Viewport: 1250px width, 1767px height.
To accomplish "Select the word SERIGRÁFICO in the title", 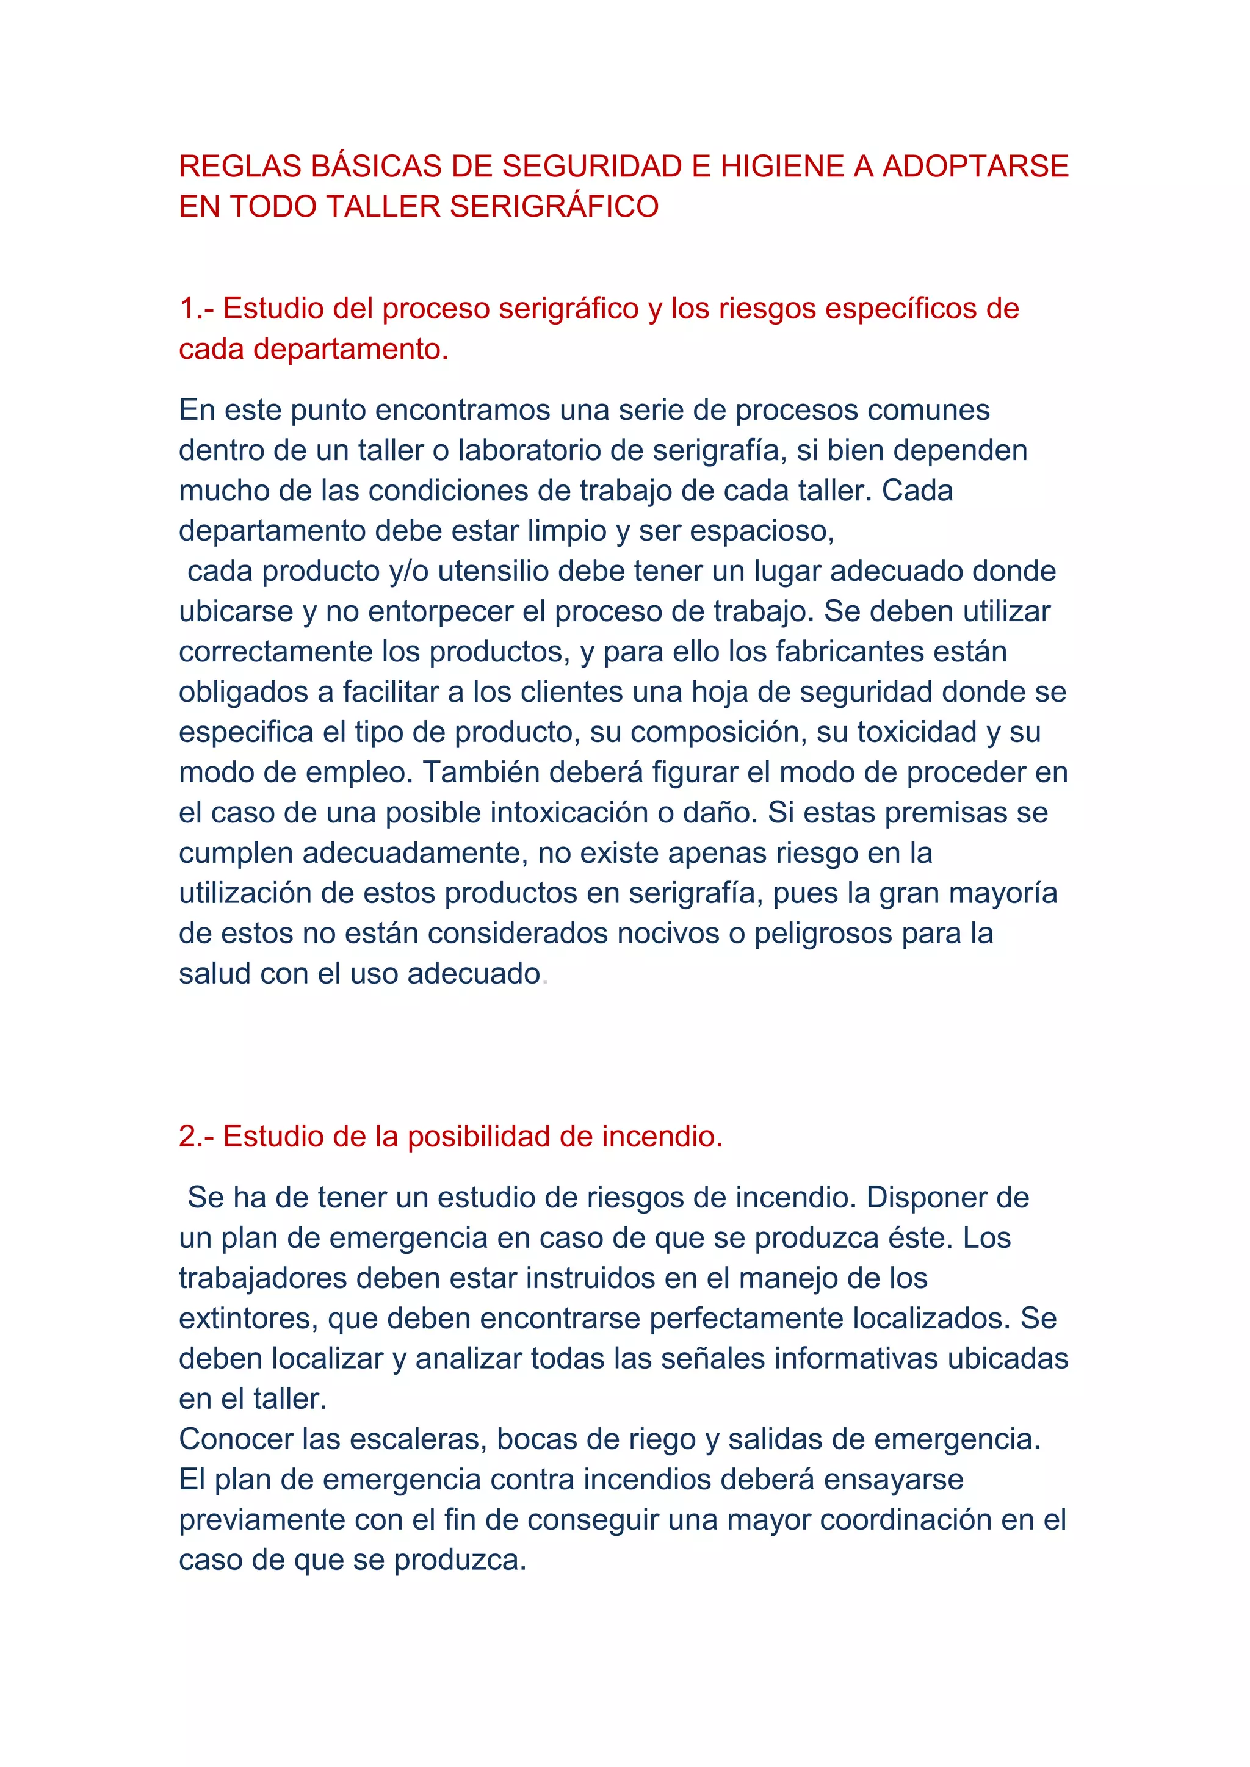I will (554, 207).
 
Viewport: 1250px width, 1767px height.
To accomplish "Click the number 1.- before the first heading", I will (197, 309).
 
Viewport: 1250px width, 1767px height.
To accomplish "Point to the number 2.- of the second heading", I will (197, 1137).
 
